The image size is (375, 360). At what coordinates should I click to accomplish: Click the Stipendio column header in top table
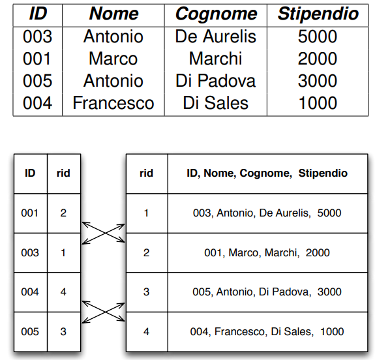pos(318,14)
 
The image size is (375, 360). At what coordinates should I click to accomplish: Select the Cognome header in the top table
pos(217,14)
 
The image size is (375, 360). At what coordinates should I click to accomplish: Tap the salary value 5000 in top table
pos(318,37)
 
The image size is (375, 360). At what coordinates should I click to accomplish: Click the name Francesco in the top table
pos(113,103)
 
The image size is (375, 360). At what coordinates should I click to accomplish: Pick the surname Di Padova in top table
pos(216,81)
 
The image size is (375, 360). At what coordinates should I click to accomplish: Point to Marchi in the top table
pos(215,59)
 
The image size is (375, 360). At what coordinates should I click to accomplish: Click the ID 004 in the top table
pos(38,103)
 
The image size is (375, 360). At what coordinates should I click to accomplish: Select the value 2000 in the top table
pos(318,59)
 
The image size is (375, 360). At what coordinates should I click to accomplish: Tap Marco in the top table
pos(113,59)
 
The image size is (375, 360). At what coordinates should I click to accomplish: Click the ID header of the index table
pos(30,173)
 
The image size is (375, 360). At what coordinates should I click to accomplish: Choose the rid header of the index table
pos(63,173)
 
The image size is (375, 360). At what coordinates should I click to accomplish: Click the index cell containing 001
pos(29,213)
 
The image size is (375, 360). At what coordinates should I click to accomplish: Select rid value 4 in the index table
pos(63,292)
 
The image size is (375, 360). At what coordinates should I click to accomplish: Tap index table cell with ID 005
pos(30,331)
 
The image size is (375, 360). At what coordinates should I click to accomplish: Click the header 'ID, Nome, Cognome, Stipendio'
pos(267,173)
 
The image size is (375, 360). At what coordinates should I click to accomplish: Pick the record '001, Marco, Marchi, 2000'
pos(267,252)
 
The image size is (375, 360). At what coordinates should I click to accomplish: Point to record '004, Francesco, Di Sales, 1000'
pos(267,331)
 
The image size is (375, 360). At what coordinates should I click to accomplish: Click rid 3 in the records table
pos(146,292)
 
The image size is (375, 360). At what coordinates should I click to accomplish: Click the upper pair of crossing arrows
pos(103,233)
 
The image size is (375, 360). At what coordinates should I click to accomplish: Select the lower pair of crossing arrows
pos(103,312)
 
